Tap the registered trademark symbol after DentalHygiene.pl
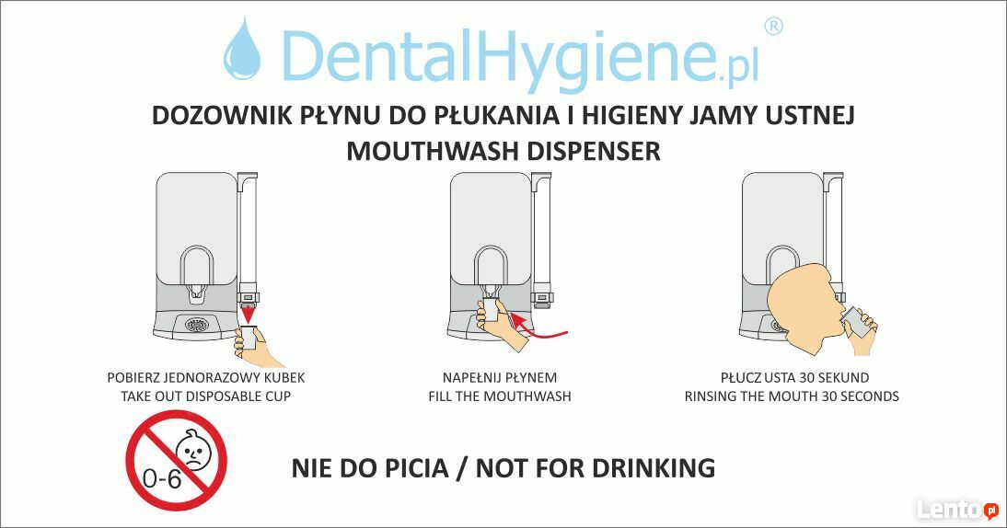tap(773, 27)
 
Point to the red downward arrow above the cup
tap(248, 315)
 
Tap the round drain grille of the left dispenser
tap(199, 325)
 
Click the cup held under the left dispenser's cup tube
tap(249, 338)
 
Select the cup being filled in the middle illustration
tap(492, 309)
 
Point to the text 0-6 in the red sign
tap(161, 479)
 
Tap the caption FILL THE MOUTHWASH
tap(500, 396)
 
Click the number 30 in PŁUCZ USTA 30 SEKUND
tap(806, 378)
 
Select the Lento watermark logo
tap(957, 509)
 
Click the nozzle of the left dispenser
tap(196, 293)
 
